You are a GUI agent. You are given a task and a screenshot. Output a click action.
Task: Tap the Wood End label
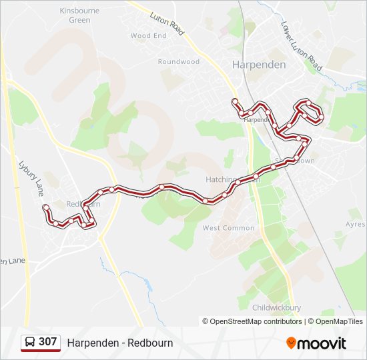(148, 35)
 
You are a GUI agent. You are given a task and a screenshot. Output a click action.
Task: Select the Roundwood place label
(179, 61)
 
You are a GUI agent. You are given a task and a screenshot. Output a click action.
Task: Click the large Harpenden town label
(259, 65)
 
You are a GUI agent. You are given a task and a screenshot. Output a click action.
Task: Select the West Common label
(228, 228)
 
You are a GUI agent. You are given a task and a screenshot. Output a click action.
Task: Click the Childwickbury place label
(277, 307)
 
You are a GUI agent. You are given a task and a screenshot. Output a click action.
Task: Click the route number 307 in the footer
(47, 342)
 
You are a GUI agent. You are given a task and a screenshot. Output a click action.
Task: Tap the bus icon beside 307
(30, 342)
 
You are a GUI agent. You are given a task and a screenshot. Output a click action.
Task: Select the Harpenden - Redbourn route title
(120, 343)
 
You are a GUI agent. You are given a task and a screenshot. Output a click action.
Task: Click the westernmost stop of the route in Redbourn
(45, 207)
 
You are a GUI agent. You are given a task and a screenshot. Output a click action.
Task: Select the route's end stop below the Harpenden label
(235, 101)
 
